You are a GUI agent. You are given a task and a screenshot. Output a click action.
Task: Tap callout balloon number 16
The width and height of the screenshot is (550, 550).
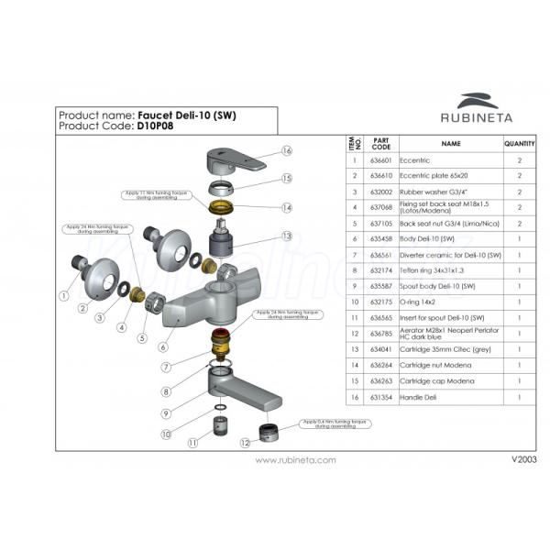pyautogui.click(x=287, y=151)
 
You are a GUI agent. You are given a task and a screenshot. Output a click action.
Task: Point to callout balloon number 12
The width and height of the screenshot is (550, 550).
pyautogui.click(x=246, y=442)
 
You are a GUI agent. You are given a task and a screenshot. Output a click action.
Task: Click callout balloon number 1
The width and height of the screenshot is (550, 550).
pyautogui.click(x=63, y=296)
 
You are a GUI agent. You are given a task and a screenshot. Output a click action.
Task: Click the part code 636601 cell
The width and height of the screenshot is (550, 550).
pyautogui.click(x=382, y=160)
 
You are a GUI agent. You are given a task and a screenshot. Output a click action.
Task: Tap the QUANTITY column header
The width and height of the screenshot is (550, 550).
pyautogui.click(x=519, y=144)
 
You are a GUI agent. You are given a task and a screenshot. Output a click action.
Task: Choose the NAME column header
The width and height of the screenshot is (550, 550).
pyautogui.click(x=450, y=144)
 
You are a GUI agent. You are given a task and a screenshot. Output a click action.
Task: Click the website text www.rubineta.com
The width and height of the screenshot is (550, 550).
pyautogui.click(x=295, y=460)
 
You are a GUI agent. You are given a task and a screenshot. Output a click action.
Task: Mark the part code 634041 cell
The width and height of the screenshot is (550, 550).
pyautogui.click(x=382, y=348)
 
